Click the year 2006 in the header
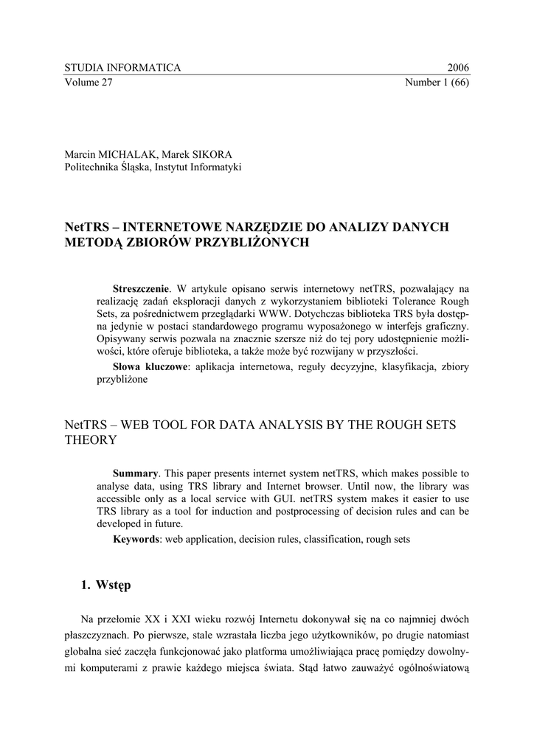click(458, 68)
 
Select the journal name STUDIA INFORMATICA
click(122, 68)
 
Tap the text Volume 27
click(89, 83)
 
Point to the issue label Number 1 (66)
click(437, 83)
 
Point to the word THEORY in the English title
click(91, 439)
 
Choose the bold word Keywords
click(136, 539)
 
